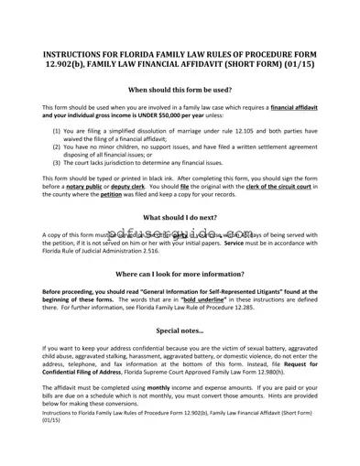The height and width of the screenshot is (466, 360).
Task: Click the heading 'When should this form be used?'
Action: pyautogui.click(x=179, y=90)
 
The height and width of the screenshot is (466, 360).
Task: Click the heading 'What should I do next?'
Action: pyautogui.click(x=179, y=217)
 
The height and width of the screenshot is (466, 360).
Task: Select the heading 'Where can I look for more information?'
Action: pyautogui.click(x=179, y=274)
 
